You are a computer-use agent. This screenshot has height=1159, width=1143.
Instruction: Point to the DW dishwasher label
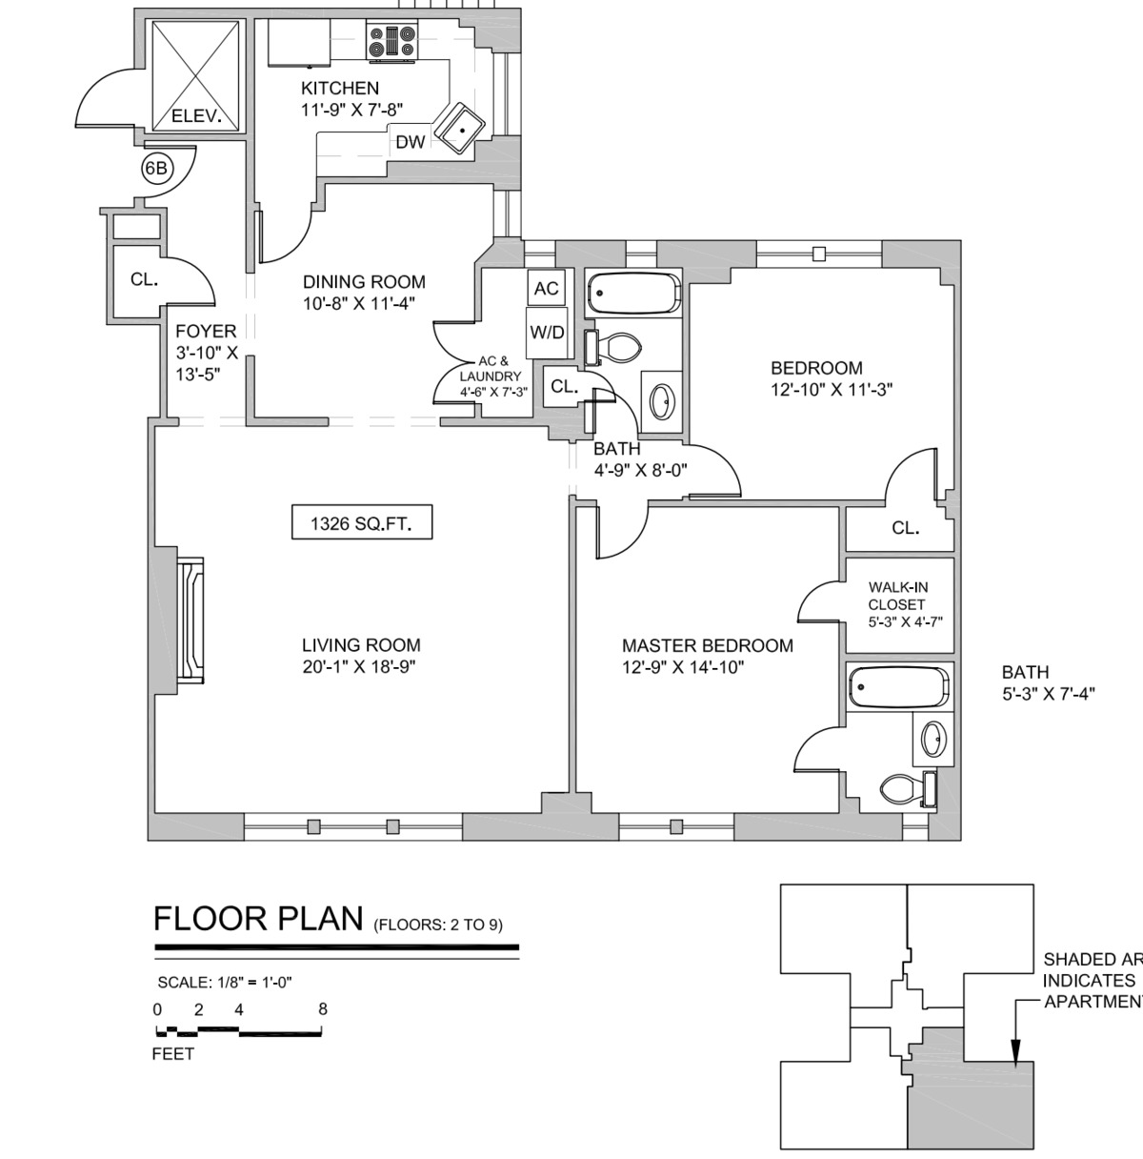[x=410, y=143]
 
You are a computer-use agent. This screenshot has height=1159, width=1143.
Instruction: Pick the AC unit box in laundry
[x=546, y=288]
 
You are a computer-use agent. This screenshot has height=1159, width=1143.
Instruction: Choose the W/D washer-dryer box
[x=547, y=333]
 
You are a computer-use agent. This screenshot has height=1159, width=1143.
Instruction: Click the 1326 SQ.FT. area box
[x=361, y=523]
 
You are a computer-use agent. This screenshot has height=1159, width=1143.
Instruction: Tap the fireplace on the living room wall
[x=190, y=620]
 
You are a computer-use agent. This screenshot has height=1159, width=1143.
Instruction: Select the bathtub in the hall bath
[x=633, y=293]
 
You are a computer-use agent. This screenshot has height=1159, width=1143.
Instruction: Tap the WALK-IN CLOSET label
[x=897, y=604]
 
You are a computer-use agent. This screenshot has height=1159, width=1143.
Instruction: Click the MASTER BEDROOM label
[x=707, y=645]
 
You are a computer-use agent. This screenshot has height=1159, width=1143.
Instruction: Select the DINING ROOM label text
[x=364, y=282]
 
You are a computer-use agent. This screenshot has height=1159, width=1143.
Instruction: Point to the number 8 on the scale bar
[x=323, y=1009]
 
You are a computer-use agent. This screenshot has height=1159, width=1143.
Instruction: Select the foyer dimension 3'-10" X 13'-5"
[x=206, y=363]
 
